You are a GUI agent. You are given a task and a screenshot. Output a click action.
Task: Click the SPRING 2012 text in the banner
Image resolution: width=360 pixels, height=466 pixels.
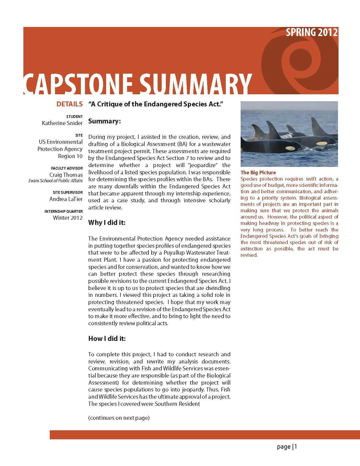point(312,32)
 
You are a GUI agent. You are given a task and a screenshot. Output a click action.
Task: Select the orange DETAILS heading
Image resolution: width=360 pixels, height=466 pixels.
point(69,104)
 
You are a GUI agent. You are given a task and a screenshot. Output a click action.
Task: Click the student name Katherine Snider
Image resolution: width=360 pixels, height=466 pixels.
point(62,123)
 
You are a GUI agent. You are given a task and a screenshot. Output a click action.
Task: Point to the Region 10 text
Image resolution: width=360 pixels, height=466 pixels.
point(70,156)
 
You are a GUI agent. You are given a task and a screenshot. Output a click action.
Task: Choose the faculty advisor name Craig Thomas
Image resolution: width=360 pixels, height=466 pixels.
point(66,175)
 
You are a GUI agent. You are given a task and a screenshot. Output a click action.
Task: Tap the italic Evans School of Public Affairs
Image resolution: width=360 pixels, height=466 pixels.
point(56,181)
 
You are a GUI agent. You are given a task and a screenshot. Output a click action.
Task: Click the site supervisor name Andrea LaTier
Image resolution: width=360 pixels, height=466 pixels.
point(66,199)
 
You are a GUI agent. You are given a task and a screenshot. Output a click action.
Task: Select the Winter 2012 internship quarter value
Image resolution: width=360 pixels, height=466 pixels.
point(68,218)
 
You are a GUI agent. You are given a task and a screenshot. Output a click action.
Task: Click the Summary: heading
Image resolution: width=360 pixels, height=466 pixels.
point(105,121)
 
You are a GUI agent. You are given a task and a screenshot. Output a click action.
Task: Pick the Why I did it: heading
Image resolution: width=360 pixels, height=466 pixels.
point(107,222)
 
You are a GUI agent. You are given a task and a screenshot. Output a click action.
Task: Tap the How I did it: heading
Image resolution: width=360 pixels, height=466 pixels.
point(107,338)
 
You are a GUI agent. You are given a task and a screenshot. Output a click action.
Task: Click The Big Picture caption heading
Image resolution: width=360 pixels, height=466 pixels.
point(258,173)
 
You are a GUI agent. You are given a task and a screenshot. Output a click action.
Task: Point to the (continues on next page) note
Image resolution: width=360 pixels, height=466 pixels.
point(119,418)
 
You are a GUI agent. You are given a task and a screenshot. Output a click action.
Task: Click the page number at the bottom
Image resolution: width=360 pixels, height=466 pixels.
point(287,447)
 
